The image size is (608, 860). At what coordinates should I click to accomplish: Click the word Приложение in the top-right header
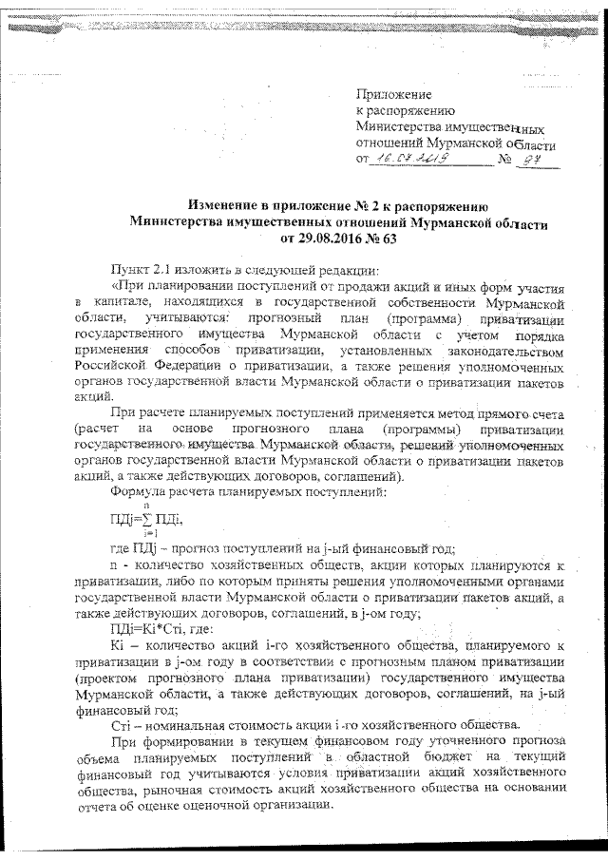pyautogui.click(x=392, y=94)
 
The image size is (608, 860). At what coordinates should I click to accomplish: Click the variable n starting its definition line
pyautogui.click(x=114, y=564)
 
